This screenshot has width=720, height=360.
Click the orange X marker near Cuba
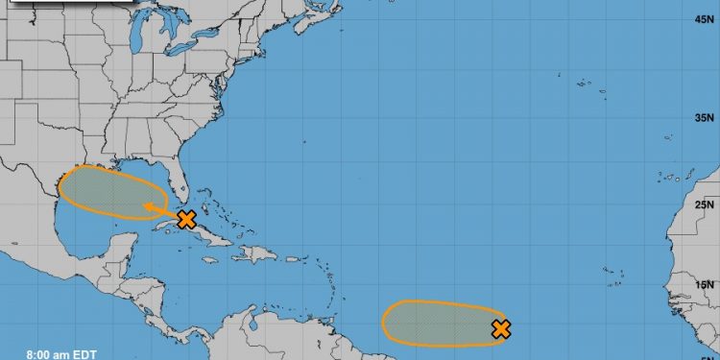tap(186, 220)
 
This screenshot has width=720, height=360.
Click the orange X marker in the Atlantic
tap(500, 329)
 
